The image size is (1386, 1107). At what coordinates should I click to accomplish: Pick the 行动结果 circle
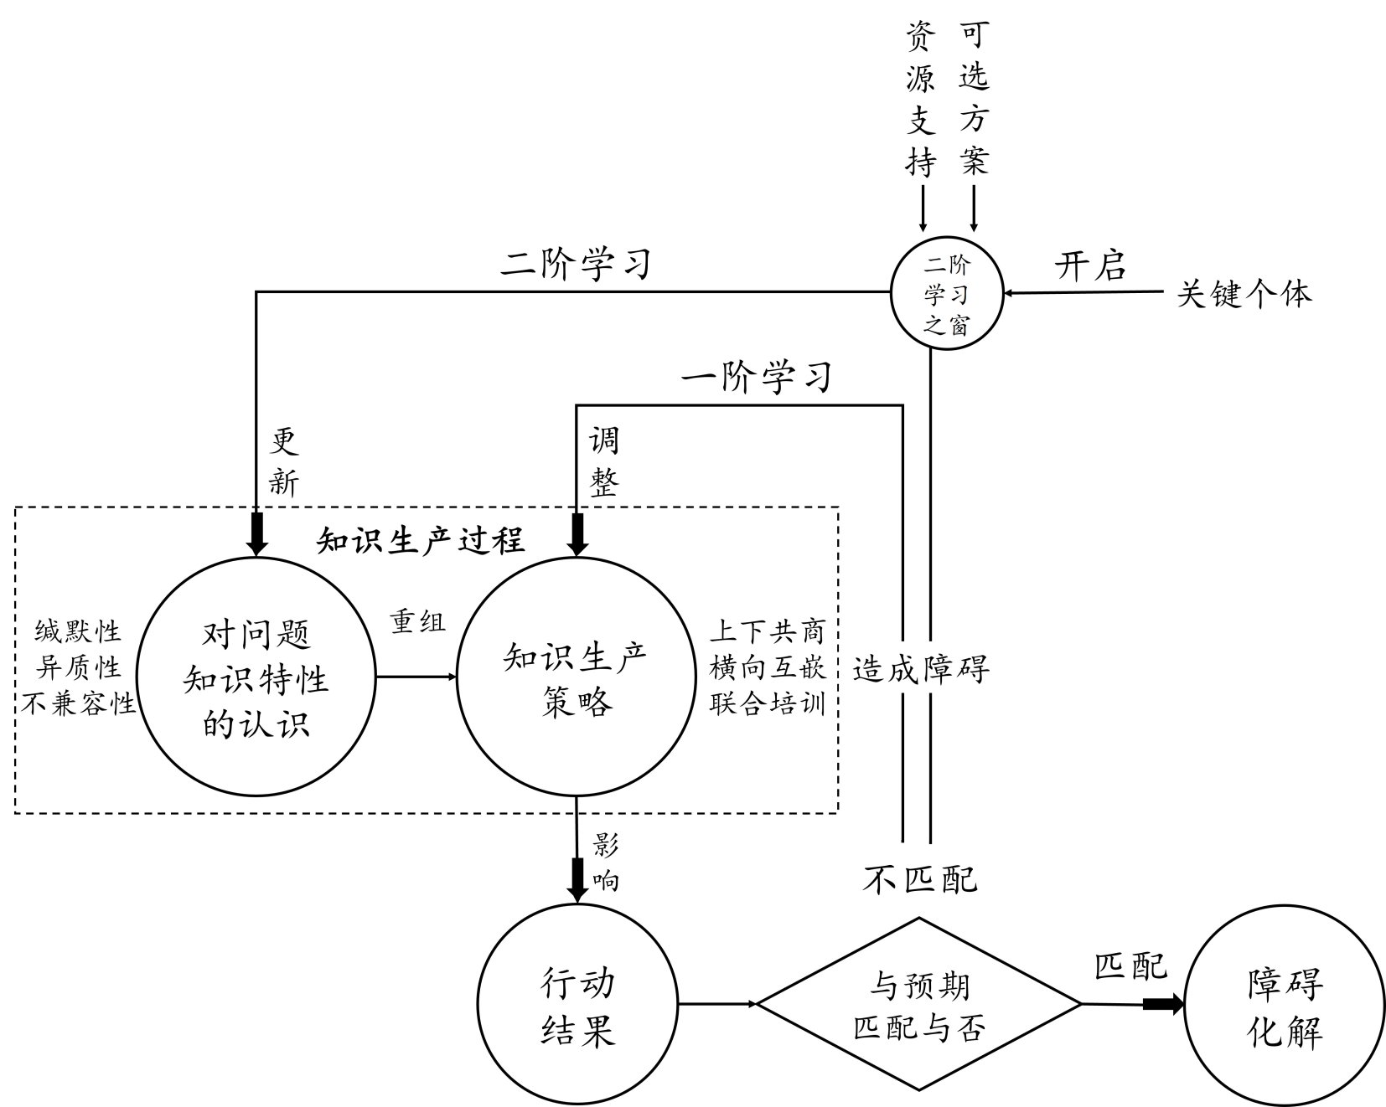click(578, 1004)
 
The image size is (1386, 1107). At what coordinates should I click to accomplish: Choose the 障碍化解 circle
click(1285, 1004)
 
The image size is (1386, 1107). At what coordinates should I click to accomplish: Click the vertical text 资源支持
click(920, 100)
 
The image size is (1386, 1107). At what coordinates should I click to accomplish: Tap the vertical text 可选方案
click(974, 100)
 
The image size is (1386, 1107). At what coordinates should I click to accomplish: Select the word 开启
click(1089, 266)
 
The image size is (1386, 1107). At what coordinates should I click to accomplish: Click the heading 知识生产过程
click(421, 540)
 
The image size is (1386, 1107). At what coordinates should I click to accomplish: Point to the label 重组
click(417, 621)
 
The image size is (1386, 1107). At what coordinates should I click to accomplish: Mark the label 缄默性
click(77, 631)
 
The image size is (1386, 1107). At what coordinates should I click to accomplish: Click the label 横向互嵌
click(767, 667)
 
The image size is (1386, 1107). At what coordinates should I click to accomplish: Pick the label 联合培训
click(767, 703)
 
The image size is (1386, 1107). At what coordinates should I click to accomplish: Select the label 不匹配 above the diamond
click(920, 879)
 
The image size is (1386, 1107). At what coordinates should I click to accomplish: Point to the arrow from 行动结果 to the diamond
click(717, 1003)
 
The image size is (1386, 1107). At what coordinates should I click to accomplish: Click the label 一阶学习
click(756, 377)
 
